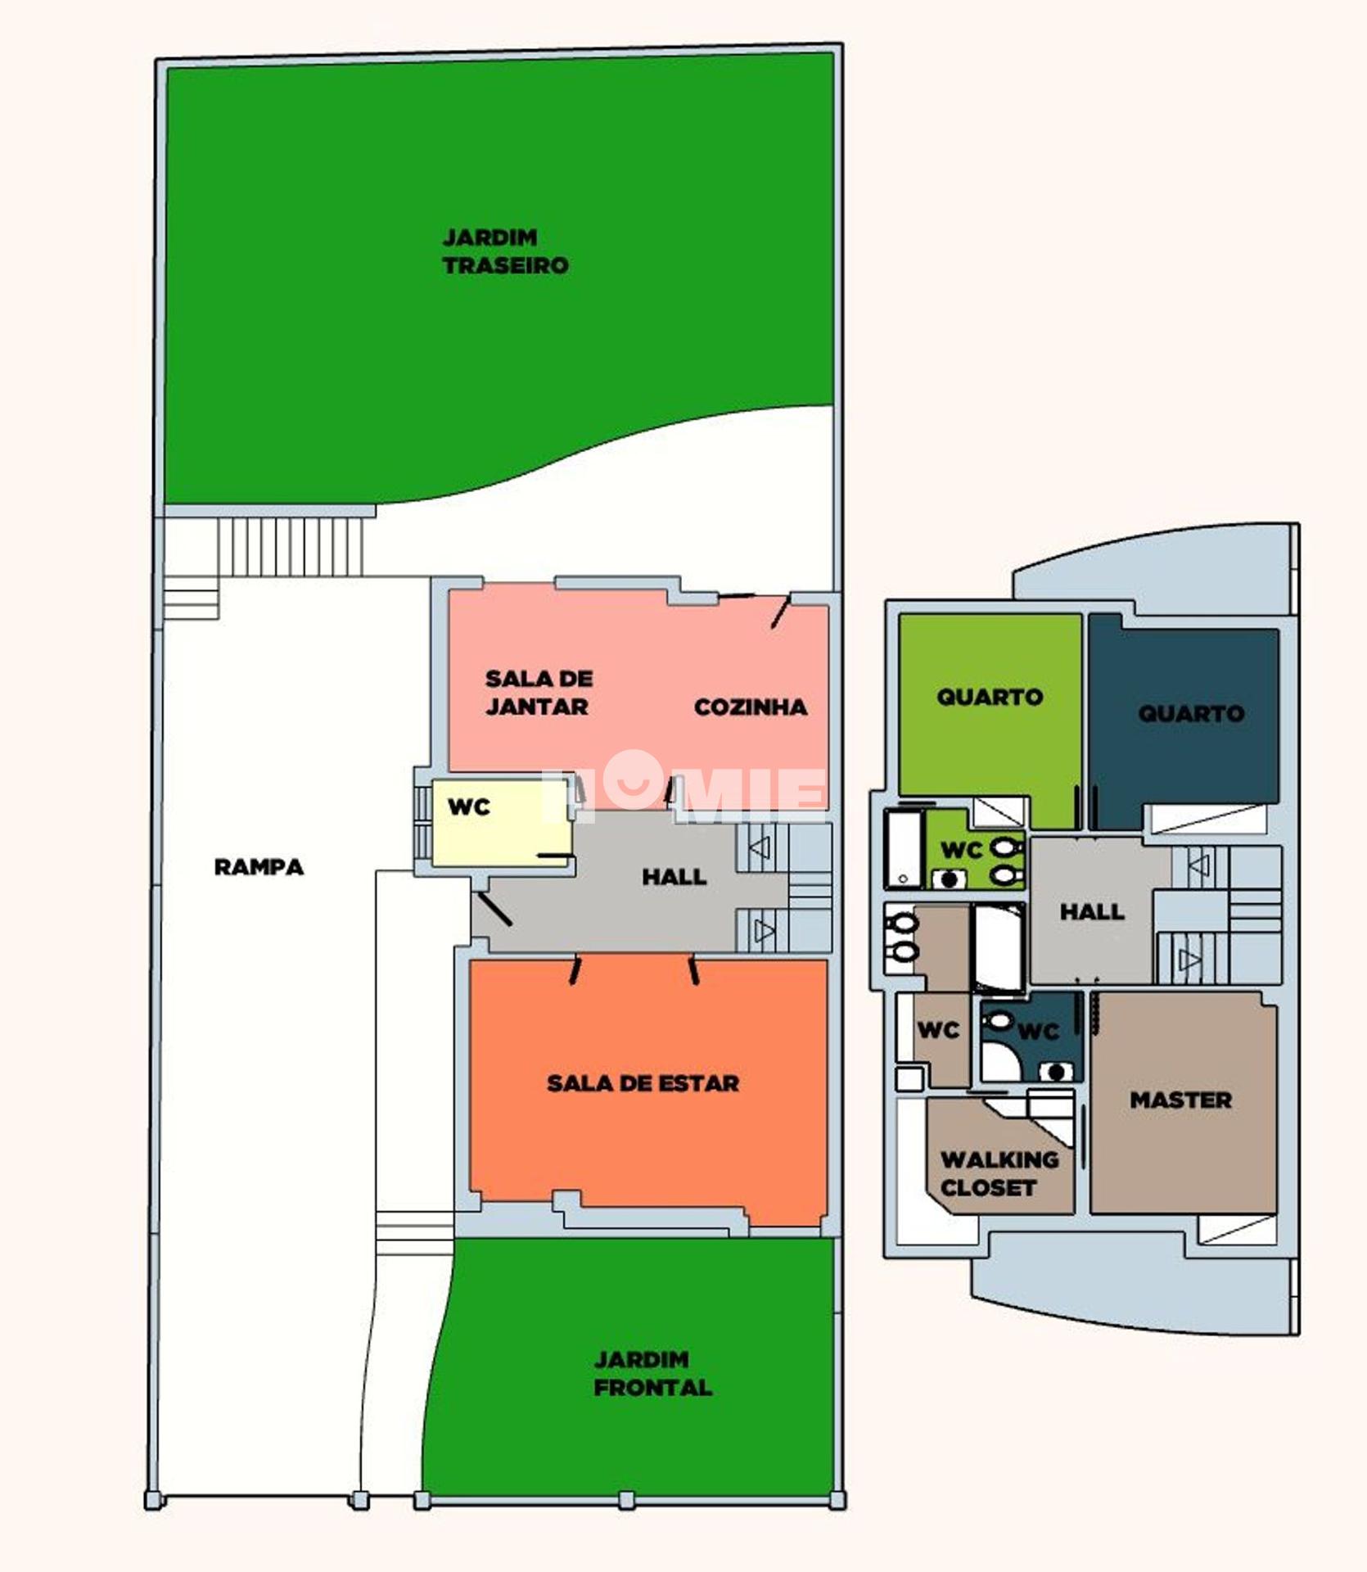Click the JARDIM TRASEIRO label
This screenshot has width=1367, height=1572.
(x=505, y=251)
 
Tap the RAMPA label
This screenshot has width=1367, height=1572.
(x=259, y=867)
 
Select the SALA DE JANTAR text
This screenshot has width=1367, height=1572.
(x=539, y=693)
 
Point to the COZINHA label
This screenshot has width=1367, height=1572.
(x=751, y=707)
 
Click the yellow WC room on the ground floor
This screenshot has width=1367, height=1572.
(x=501, y=823)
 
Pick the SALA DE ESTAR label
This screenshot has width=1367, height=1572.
(x=643, y=1083)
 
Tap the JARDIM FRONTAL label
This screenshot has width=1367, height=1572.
(x=652, y=1374)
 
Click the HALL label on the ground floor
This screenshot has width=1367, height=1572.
(x=674, y=877)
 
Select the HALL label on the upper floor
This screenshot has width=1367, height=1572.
(x=1092, y=911)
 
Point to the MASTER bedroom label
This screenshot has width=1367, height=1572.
(x=1180, y=1100)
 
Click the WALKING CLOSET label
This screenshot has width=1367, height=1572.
(x=999, y=1173)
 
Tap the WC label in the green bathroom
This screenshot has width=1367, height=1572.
(x=961, y=850)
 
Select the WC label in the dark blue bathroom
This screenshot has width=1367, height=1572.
(x=1039, y=1032)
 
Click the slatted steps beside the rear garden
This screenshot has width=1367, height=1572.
(x=290, y=545)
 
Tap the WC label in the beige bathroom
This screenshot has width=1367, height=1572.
(x=938, y=1029)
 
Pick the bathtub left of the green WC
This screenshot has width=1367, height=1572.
(x=904, y=849)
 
